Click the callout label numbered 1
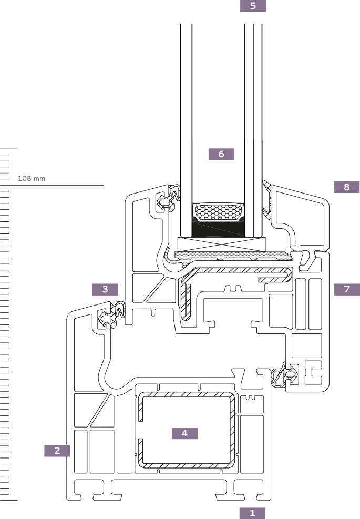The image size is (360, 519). tap(252, 513)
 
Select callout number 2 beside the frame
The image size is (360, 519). tap(57, 451)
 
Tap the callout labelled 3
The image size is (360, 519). tap(105, 289)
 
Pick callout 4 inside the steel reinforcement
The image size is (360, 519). tap(184, 433)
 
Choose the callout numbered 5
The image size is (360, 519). tap(253, 6)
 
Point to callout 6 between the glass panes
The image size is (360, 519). tap(221, 154)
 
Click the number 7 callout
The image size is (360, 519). tap(347, 289)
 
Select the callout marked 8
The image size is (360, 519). tap(346, 187)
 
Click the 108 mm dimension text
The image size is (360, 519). tap(32, 179)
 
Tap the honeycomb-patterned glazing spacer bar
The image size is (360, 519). tap(219, 212)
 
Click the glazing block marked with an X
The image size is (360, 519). tap(221, 244)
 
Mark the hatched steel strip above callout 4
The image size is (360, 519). tap(185, 394)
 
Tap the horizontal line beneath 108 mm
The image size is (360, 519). tap(58, 185)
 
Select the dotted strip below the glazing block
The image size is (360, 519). tap(234, 256)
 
